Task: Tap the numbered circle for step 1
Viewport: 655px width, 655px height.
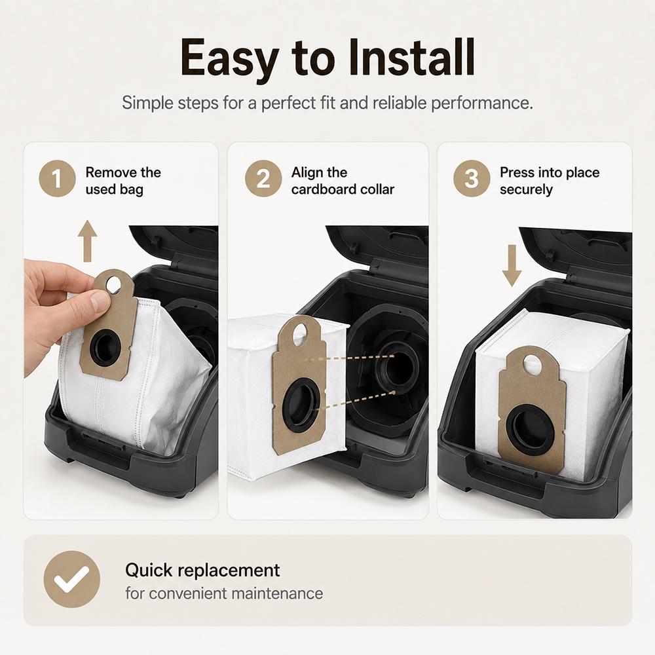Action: pyautogui.click(x=57, y=178)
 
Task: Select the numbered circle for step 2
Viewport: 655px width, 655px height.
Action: pyautogui.click(x=263, y=178)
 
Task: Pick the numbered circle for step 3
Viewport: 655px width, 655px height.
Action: pyautogui.click(x=472, y=178)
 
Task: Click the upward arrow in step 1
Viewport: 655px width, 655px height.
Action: pyautogui.click(x=87, y=241)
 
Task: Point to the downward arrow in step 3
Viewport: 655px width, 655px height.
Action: pyautogui.click(x=512, y=266)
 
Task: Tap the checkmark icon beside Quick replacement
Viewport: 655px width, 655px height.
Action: pyautogui.click(x=72, y=580)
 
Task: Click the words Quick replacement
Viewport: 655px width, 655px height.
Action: pyautogui.click(x=202, y=571)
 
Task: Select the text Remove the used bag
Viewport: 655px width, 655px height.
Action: pyautogui.click(x=123, y=181)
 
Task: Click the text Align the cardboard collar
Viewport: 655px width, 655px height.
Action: pyautogui.click(x=343, y=181)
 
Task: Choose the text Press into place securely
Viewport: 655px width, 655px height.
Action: pyautogui.click(x=550, y=181)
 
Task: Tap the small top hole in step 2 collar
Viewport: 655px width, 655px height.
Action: pyautogui.click(x=300, y=335)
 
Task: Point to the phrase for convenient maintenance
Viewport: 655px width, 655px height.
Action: pyautogui.click(x=224, y=593)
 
